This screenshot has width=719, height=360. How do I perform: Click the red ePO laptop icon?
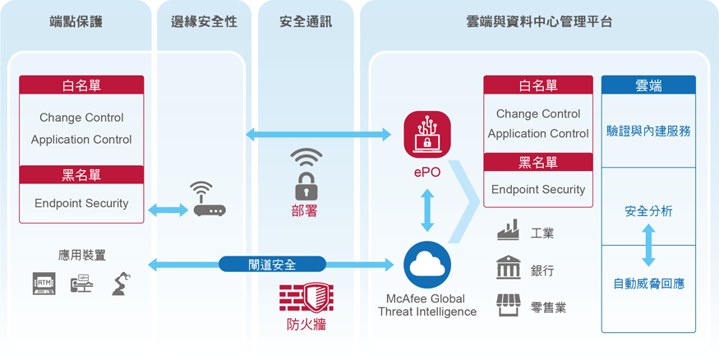pos(427,134)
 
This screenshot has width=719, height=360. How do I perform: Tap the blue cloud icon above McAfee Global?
pos(427,265)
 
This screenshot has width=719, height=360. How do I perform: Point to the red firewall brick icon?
pos(306,298)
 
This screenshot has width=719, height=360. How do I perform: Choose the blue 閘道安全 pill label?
pos(272,264)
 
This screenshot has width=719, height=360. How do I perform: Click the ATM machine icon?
pos(44,284)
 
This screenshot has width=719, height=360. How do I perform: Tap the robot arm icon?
pos(122,284)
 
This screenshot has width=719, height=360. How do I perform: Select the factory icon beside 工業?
pos(508,229)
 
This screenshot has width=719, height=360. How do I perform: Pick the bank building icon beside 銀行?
pos(508,267)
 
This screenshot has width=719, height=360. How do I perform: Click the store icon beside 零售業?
pos(508,305)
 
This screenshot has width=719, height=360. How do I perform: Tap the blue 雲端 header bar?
pos(648,85)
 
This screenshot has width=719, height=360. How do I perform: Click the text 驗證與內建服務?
pos(648,132)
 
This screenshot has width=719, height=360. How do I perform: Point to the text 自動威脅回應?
pos(648,284)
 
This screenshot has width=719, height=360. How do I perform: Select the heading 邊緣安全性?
pos(204,21)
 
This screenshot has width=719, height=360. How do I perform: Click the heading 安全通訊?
pos(306,21)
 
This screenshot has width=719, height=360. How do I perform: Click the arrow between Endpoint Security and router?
pos(168,210)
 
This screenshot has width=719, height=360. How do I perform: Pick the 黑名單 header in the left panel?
pos(81,175)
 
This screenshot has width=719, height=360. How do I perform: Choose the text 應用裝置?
pos(82,255)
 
